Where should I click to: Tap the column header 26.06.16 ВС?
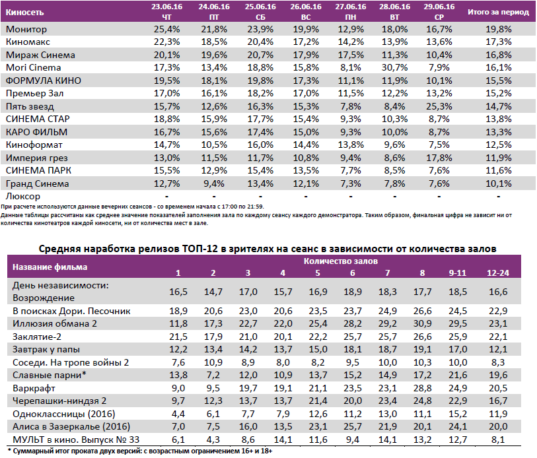304,11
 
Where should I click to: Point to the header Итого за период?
498,12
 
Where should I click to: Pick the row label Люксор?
22,196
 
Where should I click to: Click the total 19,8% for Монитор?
498,30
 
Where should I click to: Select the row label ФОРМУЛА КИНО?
42,81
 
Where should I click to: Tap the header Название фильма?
50,267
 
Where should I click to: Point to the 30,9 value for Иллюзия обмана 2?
422,323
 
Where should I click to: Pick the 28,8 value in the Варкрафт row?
422,387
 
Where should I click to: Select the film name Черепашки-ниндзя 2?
59,401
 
